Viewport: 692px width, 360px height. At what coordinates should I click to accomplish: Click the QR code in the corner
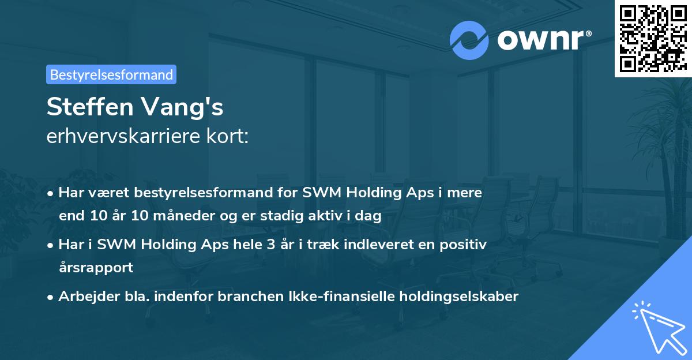click(653, 39)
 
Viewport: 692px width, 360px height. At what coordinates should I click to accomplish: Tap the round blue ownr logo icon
click(469, 40)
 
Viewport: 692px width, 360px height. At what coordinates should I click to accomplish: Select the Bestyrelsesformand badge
click(111, 74)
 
